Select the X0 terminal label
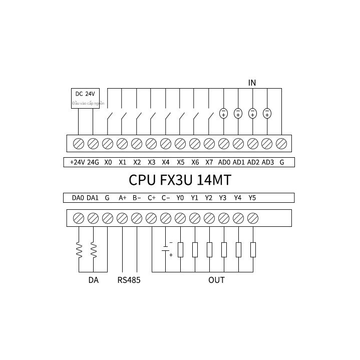108,162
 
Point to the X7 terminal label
209,162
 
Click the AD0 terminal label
224,162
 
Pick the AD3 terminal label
268,162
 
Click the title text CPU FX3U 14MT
180,180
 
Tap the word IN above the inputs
252,83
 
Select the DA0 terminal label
78,198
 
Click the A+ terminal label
123,198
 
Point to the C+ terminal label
152,198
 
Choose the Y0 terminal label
180,198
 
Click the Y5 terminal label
252,198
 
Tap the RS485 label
129,280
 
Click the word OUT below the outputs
216,280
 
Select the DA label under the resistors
93,280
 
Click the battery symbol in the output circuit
166,248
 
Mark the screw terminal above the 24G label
93,144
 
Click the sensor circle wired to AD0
224,113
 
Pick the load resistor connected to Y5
253,249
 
